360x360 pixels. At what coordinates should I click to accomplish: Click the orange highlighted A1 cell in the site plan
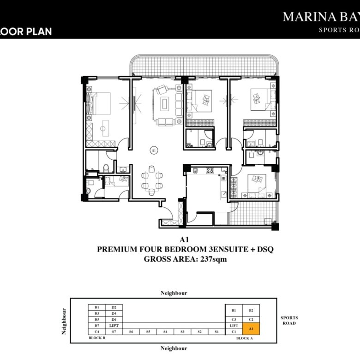[251, 329]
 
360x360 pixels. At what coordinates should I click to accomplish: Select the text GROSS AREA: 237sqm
[185, 259]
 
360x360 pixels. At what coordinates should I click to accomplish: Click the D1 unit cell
[97, 307]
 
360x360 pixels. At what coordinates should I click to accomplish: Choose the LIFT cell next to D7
[114, 325]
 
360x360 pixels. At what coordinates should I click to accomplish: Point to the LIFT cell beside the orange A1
[234, 325]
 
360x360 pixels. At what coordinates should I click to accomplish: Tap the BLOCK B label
[97, 338]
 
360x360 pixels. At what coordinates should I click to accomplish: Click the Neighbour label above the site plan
[174, 293]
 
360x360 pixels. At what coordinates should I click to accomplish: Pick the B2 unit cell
[251, 311]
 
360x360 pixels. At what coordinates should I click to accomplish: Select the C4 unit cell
[97, 331]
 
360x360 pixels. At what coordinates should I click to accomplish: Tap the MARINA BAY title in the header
[320, 17]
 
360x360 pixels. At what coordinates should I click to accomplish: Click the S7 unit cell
[114, 331]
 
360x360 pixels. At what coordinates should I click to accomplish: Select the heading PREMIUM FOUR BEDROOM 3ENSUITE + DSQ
[185, 249]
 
